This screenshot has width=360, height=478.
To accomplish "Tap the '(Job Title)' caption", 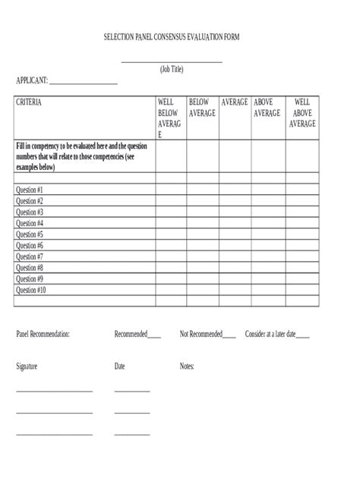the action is (x=172, y=69).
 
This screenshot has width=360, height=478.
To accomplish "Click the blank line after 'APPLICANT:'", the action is (x=84, y=80).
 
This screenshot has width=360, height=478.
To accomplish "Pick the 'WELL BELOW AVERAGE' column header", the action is (x=169, y=118).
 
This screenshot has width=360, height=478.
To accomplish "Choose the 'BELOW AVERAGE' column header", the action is (x=201, y=107).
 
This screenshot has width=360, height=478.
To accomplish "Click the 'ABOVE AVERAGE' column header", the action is (x=267, y=107).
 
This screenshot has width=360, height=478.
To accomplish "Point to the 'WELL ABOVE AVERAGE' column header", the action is (x=302, y=112).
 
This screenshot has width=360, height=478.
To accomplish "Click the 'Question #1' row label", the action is (x=30, y=190).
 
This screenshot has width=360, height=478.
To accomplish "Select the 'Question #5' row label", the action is (x=30, y=234).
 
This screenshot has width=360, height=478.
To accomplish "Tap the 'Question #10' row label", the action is (x=31, y=290).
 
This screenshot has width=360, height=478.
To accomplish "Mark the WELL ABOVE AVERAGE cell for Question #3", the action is (x=302, y=212).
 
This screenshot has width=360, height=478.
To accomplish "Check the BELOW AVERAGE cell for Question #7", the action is (x=201, y=256).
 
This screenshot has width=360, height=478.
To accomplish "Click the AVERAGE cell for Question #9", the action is (x=234, y=278).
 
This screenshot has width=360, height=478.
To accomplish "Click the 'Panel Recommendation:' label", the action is (x=43, y=333).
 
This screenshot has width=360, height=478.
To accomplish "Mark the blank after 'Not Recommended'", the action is (x=229, y=335).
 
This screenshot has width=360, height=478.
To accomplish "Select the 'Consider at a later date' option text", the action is (x=270, y=333).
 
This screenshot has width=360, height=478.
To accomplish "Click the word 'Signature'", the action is (x=27, y=366).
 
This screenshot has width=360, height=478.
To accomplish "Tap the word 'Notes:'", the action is (x=187, y=366).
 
